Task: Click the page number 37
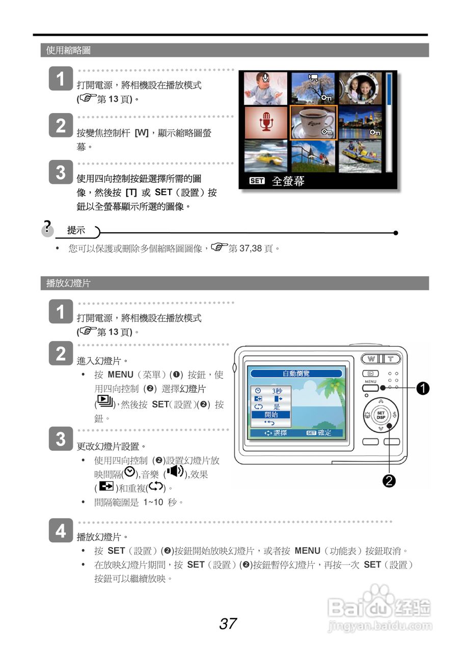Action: tap(228, 623)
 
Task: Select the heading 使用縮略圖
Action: tap(68, 50)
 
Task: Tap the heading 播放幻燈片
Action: tap(68, 283)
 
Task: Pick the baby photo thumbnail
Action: tap(265, 89)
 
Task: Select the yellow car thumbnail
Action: tap(265, 156)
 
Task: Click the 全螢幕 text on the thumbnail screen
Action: tap(288, 181)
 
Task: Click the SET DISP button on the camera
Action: tap(381, 415)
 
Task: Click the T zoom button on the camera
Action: tap(391, 359)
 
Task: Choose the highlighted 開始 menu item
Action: tap(271, 415)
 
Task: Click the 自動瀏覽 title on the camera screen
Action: tap(296, 373)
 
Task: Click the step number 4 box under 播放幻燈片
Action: tap(61, 531)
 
